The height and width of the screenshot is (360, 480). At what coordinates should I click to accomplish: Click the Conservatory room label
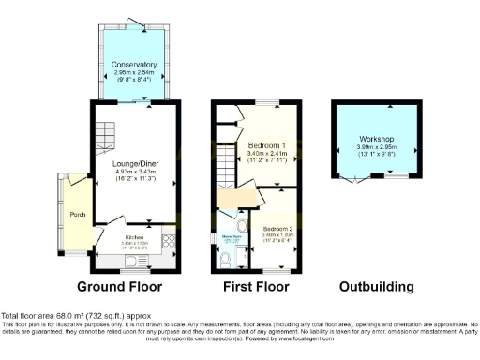click(134, 64)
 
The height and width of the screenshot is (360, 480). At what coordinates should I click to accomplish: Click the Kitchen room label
click(135, 237)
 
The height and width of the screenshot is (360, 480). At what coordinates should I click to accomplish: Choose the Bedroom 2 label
click(277, 229)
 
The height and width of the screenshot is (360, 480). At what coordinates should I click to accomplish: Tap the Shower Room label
click(230, 236)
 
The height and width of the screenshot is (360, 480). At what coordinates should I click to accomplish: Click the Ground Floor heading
click(119, 286)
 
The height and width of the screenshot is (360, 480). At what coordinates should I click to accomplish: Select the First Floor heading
click(255, 286)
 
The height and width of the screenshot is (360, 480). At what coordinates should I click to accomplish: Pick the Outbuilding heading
click(374, 286)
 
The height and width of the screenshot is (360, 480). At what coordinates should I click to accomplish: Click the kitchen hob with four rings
click(171, 239)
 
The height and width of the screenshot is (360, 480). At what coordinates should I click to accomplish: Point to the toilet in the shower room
click(243, 226)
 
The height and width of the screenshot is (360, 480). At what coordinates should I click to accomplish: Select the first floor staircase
click(225, 159)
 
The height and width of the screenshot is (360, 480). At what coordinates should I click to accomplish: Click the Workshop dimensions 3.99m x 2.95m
click(374, 146)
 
